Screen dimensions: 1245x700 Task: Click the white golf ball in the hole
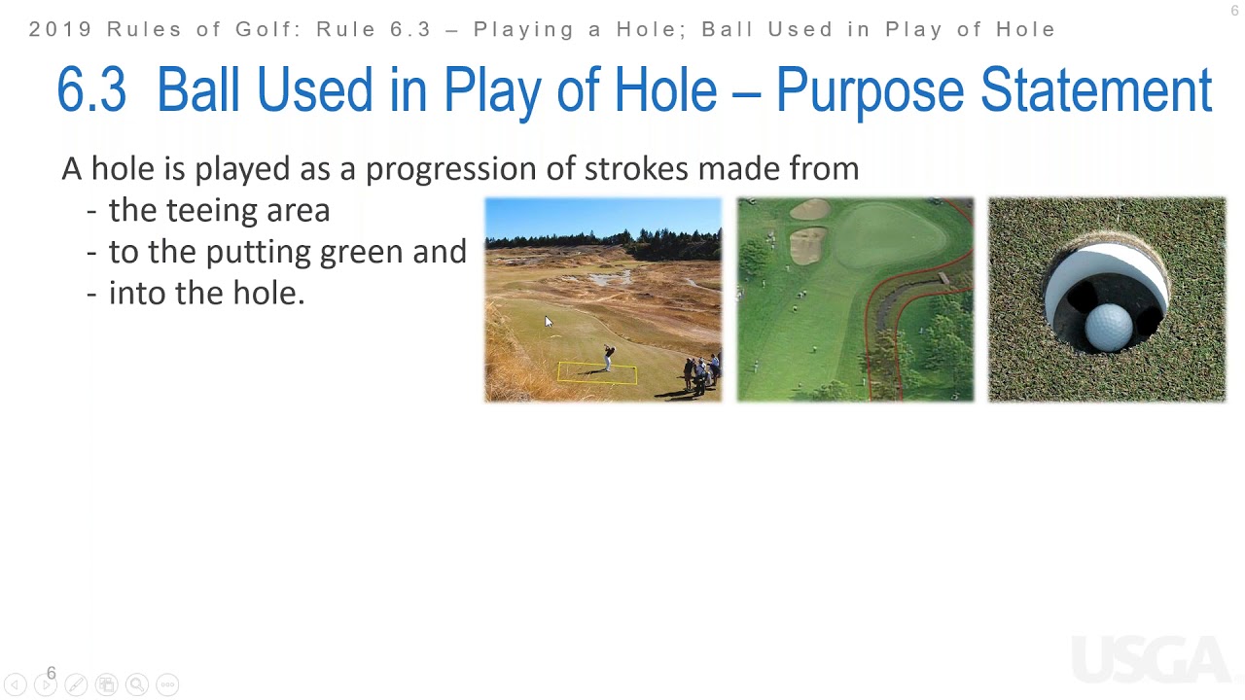pyautogui.click(x=1109, y=328)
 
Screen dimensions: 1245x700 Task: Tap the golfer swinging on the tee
pyautogui.click(x=609, y=358)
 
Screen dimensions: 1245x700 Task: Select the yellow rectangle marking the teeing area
pyautogui.click(x=597, y=372)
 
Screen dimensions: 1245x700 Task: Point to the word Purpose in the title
pyautogui.click(x=870, y=90)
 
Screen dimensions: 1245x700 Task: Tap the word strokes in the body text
pyautogui.click(x=636, y=168)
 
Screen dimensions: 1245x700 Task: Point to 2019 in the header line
pyautogui.click(x=60, y=29)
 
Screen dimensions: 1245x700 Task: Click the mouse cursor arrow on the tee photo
pyautogui.click(x=549, y=322)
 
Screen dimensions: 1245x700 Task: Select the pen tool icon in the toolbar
pyautogui.click(x=76, y=684)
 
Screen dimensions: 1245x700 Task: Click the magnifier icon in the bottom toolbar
pyautogui.click(x=137, y=684)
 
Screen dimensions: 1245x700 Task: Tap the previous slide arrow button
pyautogui.click(x=15, y=684)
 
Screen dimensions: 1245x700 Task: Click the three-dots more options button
pyautogui.click(x=168, y=684)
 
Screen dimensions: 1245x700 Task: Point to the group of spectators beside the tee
pyautogui.click(x=702, y=373)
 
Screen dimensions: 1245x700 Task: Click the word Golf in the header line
pyautogui.click(x=267, y=29)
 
